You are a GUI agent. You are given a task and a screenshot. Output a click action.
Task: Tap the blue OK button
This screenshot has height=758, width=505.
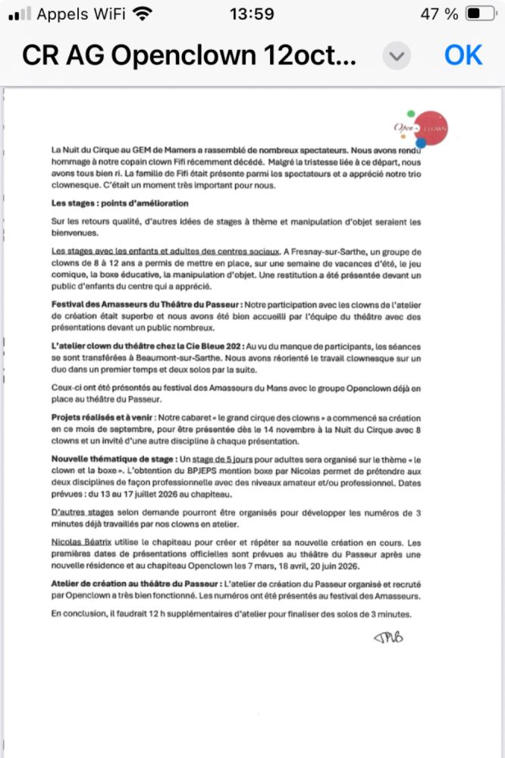[463, 55]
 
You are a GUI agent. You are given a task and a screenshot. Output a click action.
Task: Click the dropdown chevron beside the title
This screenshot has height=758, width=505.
[397, 55]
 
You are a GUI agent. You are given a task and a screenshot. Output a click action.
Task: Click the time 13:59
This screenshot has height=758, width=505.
[251, 14]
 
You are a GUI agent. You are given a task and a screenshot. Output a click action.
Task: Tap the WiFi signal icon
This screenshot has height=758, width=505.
[140, 14]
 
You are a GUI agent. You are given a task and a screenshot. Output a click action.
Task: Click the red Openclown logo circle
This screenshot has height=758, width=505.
[431, 127]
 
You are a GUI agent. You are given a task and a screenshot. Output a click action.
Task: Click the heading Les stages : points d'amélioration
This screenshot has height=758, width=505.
[120, 203]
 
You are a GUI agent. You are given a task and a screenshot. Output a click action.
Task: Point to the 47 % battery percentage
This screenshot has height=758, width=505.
[441, 14]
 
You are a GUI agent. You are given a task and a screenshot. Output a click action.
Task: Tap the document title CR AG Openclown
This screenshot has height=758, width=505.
[188, 55]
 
